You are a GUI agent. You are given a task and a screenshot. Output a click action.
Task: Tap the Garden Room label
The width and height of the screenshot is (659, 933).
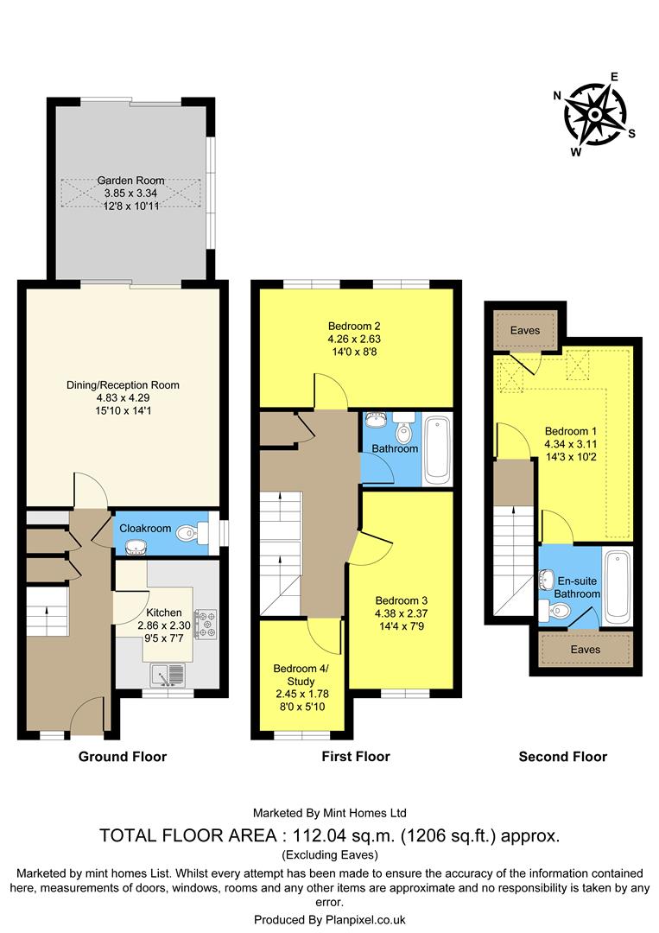point(130,181)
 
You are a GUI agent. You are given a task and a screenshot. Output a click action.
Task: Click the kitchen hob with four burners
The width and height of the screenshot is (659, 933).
point(206,624)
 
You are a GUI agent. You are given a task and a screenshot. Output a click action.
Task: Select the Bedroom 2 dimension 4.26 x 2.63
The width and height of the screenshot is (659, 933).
point(354,339)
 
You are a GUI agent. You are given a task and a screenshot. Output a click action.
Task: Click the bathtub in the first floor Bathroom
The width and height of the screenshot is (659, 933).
point(438,449)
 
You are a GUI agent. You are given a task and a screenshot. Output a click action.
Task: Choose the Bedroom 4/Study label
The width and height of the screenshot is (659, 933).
point(301,674)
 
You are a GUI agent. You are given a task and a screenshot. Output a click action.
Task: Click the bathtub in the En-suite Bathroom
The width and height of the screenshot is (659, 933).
point(618,586)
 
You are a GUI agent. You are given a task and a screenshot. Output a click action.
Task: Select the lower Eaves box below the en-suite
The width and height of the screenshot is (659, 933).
point(586,649)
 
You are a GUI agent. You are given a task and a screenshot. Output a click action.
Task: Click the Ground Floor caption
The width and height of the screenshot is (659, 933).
point(123,757)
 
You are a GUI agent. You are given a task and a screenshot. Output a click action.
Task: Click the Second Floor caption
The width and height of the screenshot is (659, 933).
point(562,757)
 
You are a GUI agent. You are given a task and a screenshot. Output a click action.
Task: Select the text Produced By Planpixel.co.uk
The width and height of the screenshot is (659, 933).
point(329,920)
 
